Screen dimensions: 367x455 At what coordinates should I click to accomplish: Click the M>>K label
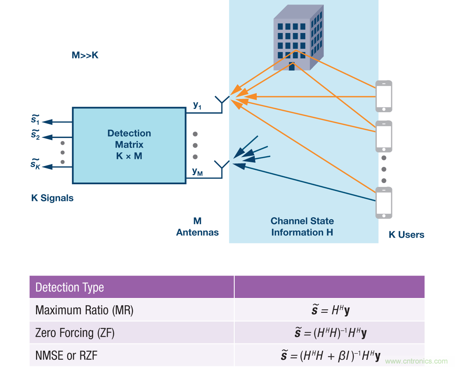click(85, 55)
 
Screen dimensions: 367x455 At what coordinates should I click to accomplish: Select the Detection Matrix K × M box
click(129, 145)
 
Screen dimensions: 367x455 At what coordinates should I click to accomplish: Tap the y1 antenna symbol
click(222, 101)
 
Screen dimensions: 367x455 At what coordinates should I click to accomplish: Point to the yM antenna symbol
click(222, 166)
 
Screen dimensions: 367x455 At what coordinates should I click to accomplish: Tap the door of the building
click(292, 66)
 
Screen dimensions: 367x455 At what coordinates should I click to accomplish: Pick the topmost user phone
click(384, 96)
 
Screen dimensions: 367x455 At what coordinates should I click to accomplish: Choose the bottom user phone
click(384, 203)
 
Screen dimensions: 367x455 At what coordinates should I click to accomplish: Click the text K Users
click(406, 235)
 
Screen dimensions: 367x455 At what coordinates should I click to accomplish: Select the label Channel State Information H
click(302, 226)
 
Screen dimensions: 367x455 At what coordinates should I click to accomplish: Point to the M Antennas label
click(197, 227)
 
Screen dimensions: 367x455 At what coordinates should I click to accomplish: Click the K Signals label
click(52, 198)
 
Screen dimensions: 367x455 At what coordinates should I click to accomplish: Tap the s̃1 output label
click(36, 120)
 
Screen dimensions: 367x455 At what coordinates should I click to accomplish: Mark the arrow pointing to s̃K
click(57, 166)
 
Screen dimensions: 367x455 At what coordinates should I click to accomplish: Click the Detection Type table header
click(70, 287)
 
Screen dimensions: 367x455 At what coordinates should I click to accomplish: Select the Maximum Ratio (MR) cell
click(84, 310)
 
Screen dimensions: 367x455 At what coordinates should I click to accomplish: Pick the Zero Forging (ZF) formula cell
click(329, 333)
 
